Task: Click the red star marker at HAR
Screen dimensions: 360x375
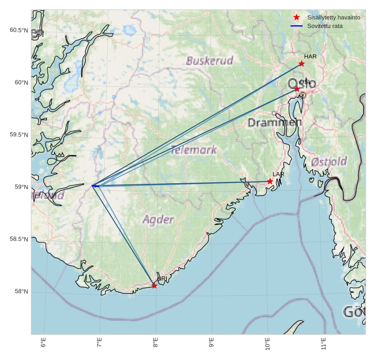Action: (302, 64)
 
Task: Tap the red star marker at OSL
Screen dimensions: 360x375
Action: (297, 89)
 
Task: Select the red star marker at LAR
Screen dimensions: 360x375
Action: (270, 181)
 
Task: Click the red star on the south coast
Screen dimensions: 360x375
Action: (154, 286)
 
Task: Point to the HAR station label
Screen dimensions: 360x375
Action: (310, 57)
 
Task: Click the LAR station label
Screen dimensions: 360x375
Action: (278, 175)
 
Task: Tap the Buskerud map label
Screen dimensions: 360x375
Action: (210, 60)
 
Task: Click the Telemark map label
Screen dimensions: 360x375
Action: (194, 150)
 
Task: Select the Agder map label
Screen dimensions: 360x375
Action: (159, 219)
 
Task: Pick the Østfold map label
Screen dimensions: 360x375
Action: (329, 161)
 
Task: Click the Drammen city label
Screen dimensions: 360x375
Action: (275, 123)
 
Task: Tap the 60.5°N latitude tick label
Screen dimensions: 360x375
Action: (19, 30)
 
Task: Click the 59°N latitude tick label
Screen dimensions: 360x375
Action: (21, 187)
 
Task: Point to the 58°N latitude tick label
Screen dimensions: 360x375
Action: (21, 292)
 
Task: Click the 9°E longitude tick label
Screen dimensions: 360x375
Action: (212, 343)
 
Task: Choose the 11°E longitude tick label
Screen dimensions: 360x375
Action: (323, 343)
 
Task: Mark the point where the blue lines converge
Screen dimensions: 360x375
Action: (93, 186)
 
